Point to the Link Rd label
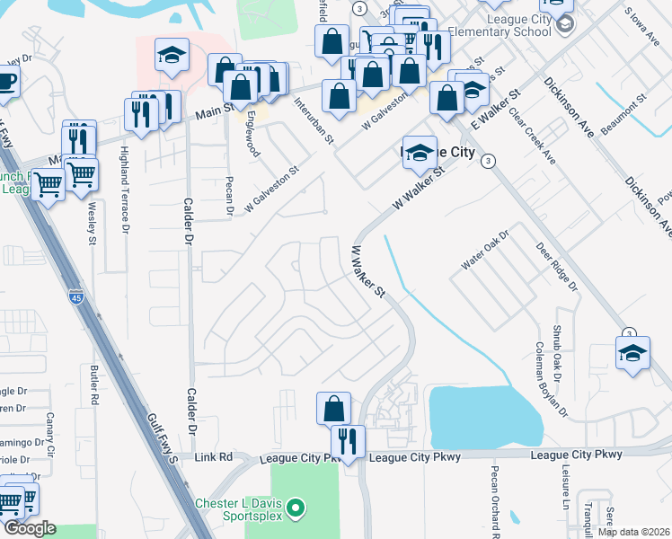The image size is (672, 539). pos(213,457)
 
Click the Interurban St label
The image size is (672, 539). pos(314,121)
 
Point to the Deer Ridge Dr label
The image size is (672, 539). pos(557,267)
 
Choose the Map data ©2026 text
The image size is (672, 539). pos(633,532)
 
